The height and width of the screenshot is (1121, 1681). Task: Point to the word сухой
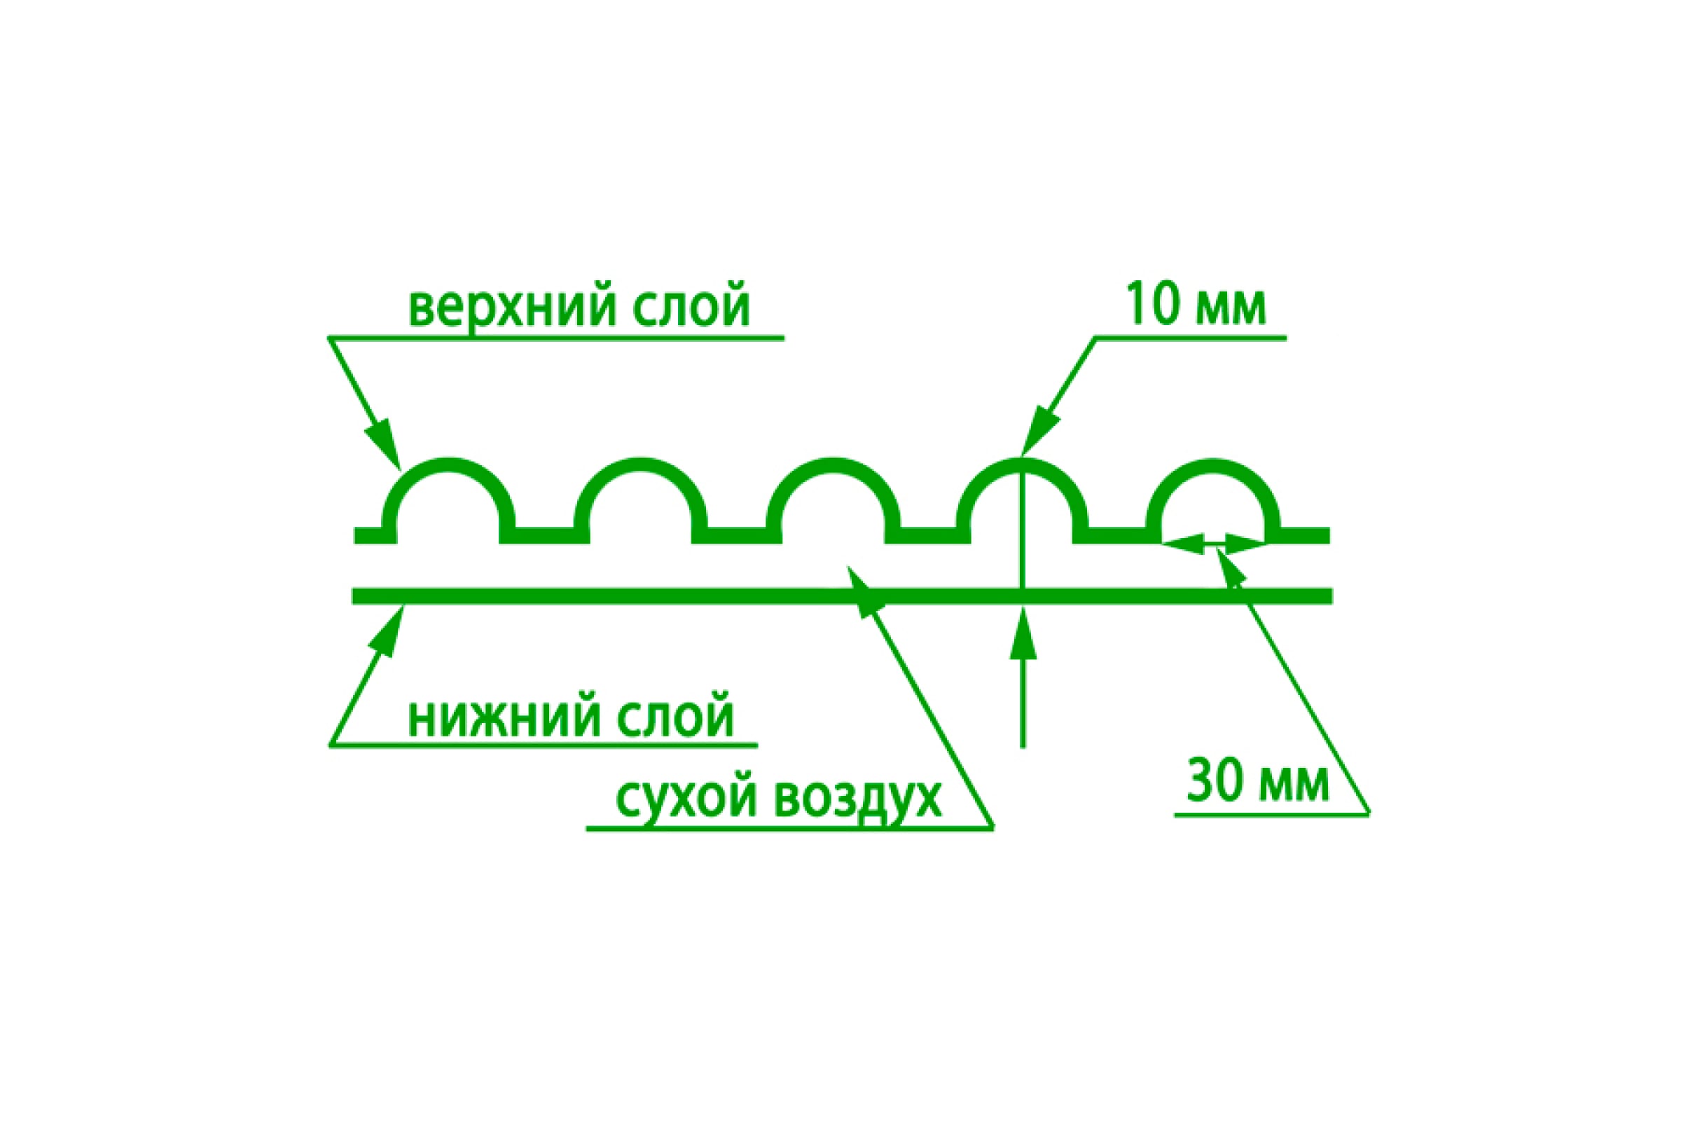tap(685, 802)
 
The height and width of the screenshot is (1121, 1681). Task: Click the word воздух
tap(857, 802)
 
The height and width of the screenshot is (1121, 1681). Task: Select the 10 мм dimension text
tap(1196, 305)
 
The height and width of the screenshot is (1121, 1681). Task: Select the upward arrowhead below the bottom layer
tap(1023, 632)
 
